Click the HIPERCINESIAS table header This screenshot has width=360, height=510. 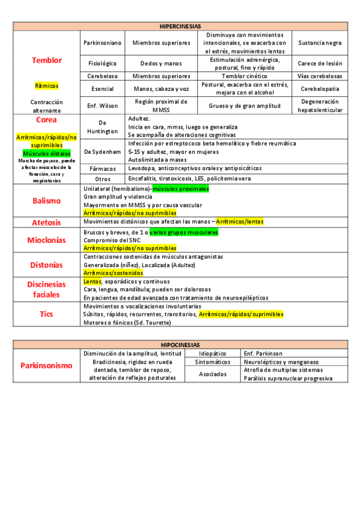click(x=180, y=26)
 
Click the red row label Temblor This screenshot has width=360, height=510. click(x=46, y=60)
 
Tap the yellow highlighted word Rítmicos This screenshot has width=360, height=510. click(x=46, y=85)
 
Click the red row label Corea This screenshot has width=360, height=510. click(x=46, y=120)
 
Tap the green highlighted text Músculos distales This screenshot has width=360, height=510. click(x=46, y=153)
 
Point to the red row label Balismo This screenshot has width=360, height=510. click(x=46, y=200)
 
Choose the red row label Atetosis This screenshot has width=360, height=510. click(x=46, y=222)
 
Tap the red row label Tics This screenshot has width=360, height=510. click(x=46, y=313)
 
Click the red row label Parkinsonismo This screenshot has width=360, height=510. click(x=46, y=365)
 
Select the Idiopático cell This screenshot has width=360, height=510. click(x=213, y=353)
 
